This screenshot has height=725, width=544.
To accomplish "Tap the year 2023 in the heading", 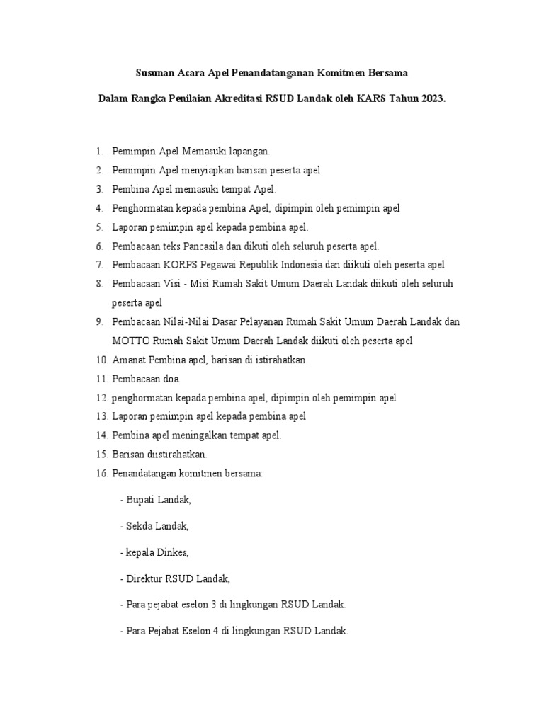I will tap(433, 100).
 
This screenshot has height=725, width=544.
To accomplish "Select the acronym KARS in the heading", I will tap(371, 100).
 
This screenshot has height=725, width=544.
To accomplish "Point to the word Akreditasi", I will tap(234, 100).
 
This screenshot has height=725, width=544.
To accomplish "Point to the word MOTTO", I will tap(131, 341).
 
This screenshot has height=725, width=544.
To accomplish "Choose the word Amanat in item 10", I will tap(129, 360).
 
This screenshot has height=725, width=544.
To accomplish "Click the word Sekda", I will tap(140, 525).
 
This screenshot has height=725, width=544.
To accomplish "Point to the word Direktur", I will tap(144, 578).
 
